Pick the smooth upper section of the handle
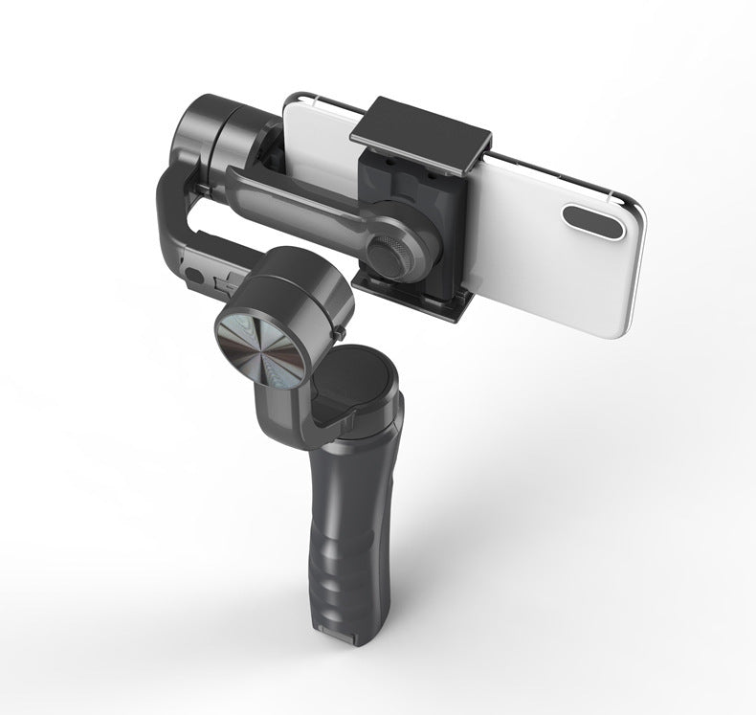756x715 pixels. [359, 450]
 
